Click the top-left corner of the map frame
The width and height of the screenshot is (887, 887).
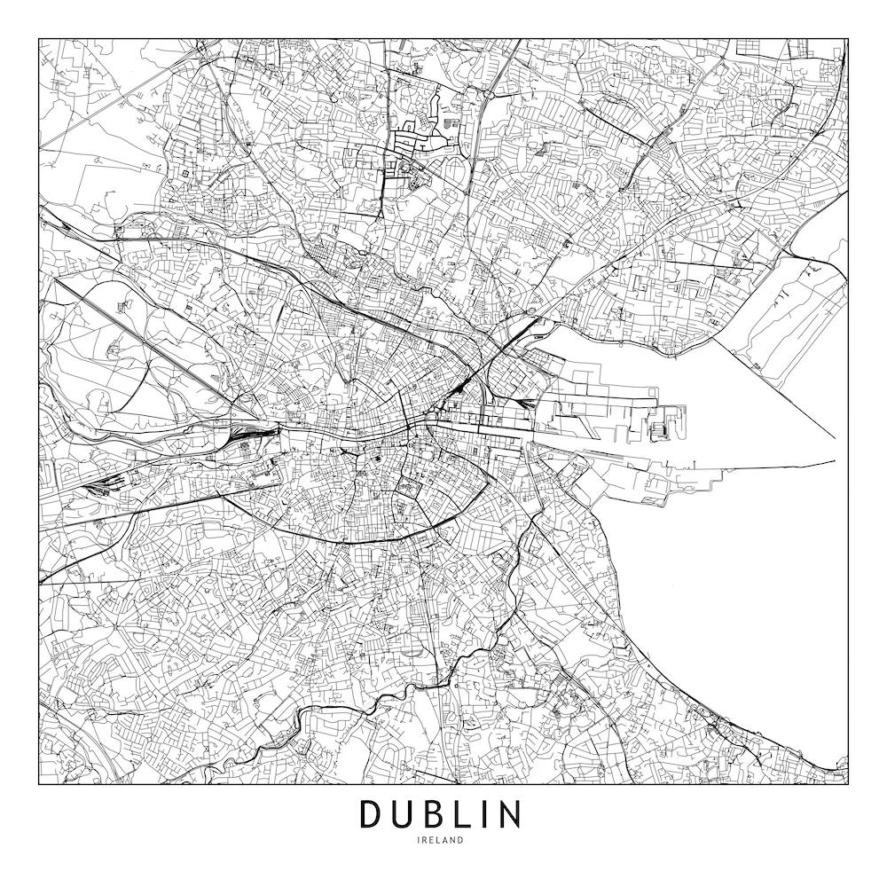pos(39,39)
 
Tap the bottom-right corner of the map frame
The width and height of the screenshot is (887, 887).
pos(848,784)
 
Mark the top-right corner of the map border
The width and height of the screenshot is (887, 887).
pos(848,39)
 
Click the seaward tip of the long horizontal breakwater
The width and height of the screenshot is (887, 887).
pos(834,461)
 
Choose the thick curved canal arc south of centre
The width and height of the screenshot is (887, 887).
pos(355,538)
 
